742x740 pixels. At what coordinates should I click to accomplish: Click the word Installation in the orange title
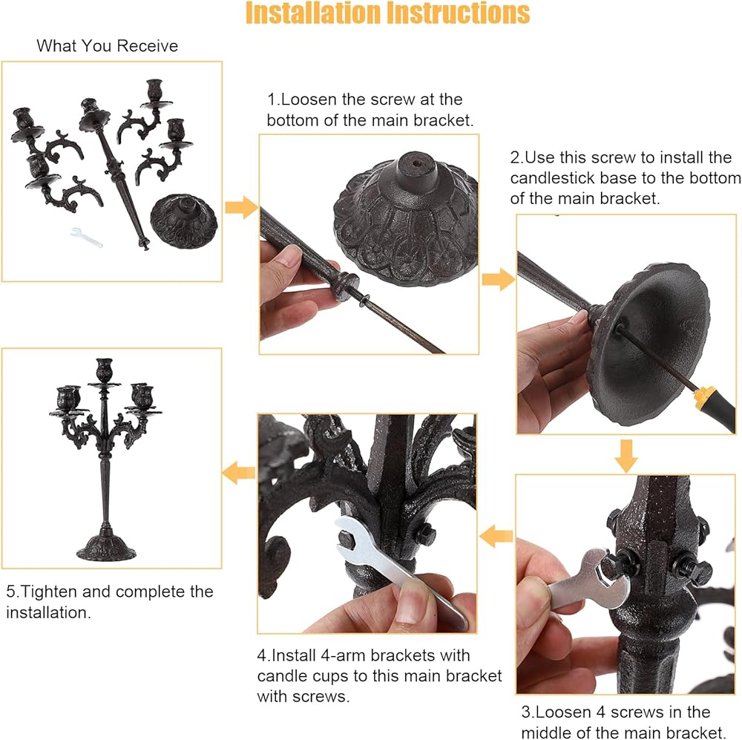(313, 13)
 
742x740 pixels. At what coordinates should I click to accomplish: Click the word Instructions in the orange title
(459, 13)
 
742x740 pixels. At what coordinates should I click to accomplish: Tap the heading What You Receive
(108, 46)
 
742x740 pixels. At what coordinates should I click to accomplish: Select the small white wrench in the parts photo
(86, 238)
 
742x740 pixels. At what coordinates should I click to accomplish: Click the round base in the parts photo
(183, 220)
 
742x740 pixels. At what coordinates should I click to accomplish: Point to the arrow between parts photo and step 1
(241, 207)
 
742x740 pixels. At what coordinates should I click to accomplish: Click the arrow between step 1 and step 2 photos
(499, 279)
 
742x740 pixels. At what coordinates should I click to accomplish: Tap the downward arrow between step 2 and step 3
(626, 456)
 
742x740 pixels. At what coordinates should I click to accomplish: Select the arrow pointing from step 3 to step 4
(496, 536)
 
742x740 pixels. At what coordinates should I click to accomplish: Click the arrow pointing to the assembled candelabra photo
(238, 473)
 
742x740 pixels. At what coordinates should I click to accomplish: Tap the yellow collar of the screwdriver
(705, 394)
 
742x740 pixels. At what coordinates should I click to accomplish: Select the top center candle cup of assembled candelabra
(105, 370)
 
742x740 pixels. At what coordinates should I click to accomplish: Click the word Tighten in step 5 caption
(49, 592)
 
